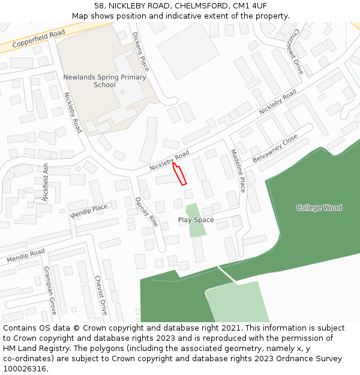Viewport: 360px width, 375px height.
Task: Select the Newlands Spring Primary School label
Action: (104, 81)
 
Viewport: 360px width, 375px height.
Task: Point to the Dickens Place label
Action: (140, 52)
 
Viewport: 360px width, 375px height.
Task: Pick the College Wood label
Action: (319, 208)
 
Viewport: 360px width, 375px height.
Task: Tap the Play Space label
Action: (196, 220)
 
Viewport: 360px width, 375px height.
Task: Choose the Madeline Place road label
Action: (238, 170)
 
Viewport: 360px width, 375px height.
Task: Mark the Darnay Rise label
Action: (146, 211)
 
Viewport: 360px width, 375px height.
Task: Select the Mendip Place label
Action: (89, 211)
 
